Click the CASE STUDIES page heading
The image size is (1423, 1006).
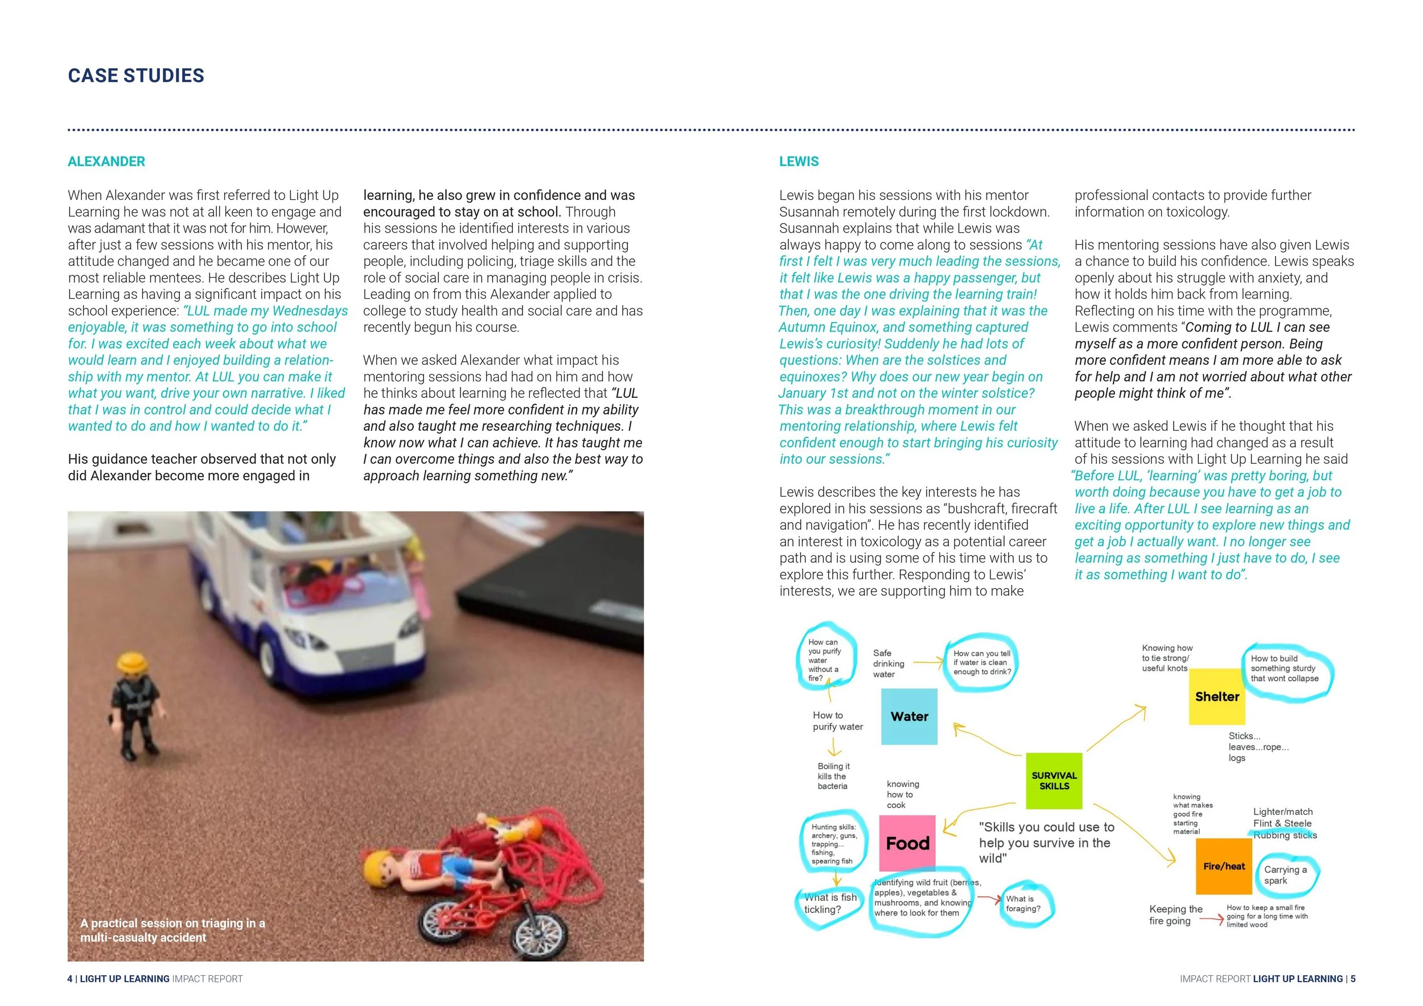point(135,76)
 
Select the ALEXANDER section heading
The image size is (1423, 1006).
point(106,162)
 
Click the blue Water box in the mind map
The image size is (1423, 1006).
point(908,716)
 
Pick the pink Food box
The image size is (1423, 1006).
point(907,843)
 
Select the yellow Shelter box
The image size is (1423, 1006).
point(1216,696)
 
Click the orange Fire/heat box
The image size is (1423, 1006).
point(1223,866)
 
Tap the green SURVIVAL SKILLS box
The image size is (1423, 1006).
point(1054,781)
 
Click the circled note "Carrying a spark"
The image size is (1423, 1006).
point(1285,875)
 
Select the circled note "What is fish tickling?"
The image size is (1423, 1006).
point(830,903)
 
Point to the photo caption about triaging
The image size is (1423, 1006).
point(172,930)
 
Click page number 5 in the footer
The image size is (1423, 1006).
point(1353,979)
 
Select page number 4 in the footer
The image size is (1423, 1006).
point(70,979)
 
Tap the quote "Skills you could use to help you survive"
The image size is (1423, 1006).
point(1046,843)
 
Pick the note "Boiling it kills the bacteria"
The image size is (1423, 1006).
point(833,776)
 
